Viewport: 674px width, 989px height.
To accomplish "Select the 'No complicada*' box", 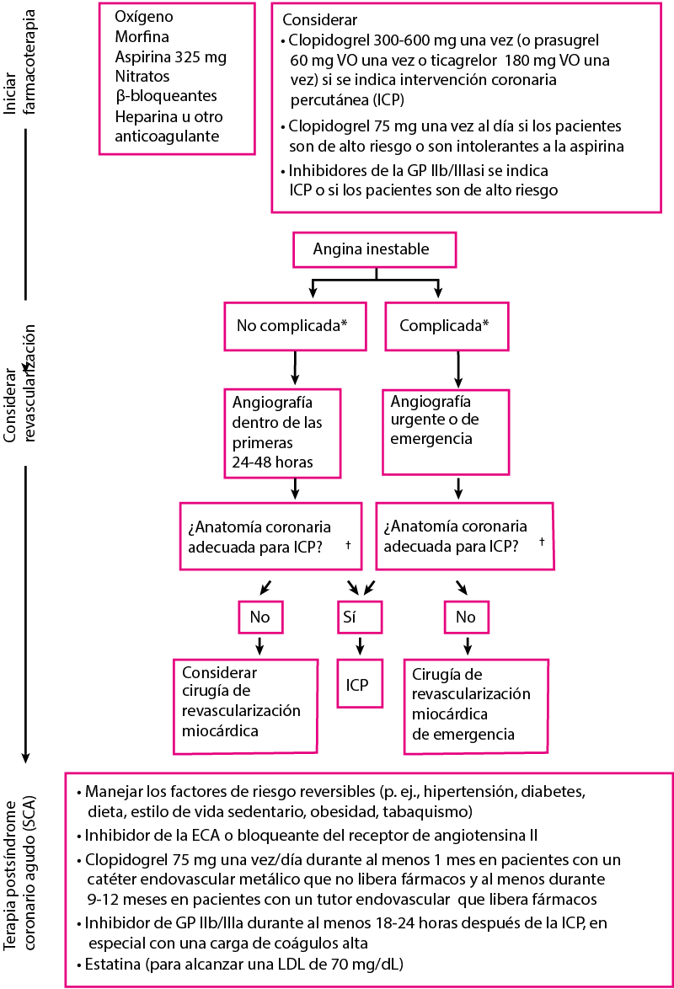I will [x=294, y=324].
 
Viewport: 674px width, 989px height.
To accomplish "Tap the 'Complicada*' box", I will [x=446, y=324].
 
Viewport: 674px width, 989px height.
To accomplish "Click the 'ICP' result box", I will [x=359, y=685].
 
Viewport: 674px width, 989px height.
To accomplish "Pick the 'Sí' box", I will [x=361, y=617].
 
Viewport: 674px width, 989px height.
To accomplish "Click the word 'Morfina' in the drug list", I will [x=142, y=37].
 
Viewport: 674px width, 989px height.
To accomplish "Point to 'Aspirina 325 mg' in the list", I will [x=171, y=57].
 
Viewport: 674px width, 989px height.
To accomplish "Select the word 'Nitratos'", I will [x=142, y=77].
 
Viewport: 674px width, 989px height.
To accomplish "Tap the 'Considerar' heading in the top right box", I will [x=319, y=19].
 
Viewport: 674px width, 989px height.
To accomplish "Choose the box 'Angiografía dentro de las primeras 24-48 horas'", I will [x=282, y=432].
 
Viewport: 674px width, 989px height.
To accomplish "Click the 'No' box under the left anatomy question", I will [x=259, y=617].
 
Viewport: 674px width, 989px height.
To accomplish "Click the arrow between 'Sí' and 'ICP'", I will [x=361, y=646].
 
